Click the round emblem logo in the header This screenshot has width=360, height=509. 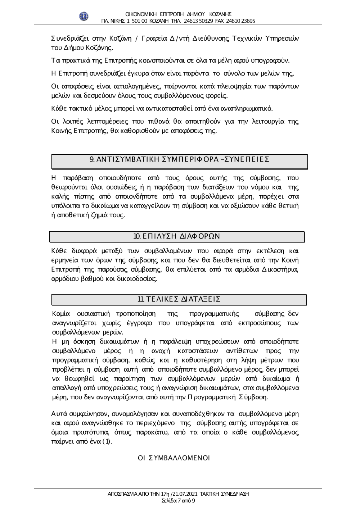84,16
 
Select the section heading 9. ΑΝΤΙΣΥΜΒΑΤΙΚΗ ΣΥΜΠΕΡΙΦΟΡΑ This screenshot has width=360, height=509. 179,159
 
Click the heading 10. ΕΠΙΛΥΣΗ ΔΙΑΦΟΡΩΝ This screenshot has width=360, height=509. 176,236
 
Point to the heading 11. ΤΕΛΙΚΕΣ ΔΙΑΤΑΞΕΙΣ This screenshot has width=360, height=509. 179,299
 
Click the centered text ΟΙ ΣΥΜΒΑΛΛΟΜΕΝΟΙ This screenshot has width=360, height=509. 174,458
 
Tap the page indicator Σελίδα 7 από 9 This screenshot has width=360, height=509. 179,500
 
